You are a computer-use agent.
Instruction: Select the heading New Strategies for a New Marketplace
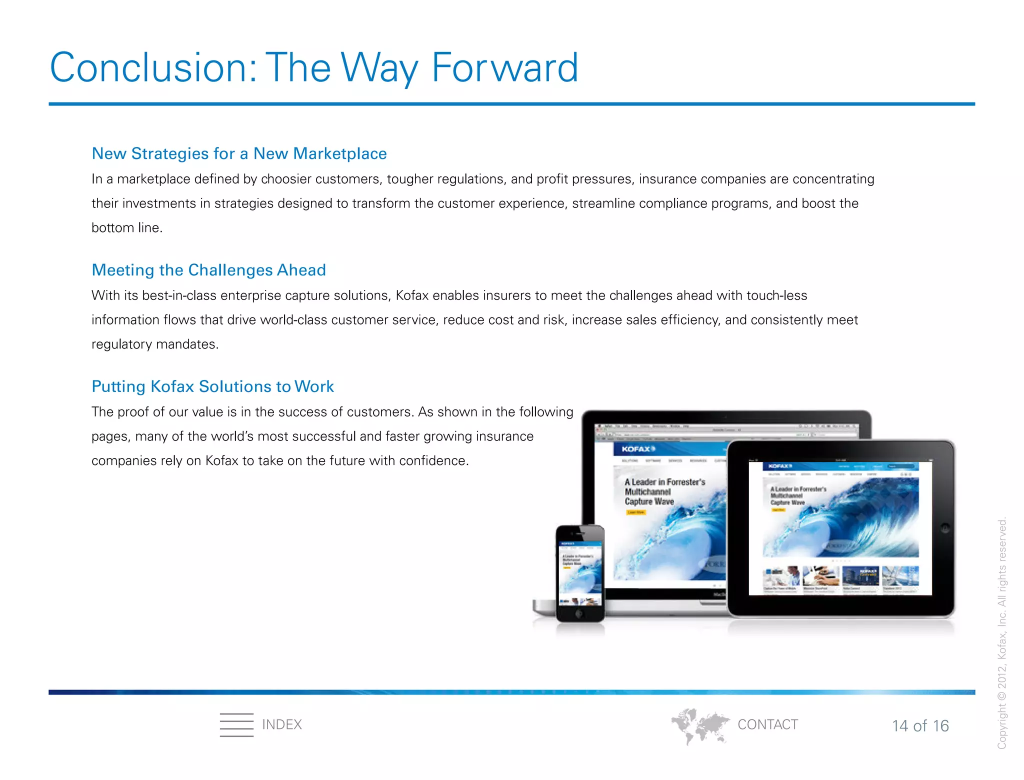point(239,153)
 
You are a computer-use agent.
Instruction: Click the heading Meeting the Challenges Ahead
point(208,270)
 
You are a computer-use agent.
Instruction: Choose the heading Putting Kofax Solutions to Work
point(212,386)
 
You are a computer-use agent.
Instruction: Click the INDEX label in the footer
point(282,724)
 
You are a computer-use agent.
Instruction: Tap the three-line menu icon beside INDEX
point(236,724)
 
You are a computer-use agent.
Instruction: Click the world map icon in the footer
point(699,725)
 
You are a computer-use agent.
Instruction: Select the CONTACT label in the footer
point(767,724)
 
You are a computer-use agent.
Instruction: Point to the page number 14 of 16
point(920,726)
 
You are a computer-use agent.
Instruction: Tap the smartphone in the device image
point(580,573)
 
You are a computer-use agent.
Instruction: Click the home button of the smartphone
point(579,613)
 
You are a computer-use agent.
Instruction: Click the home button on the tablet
point(944,528)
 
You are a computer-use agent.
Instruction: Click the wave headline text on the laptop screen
point(664,491)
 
